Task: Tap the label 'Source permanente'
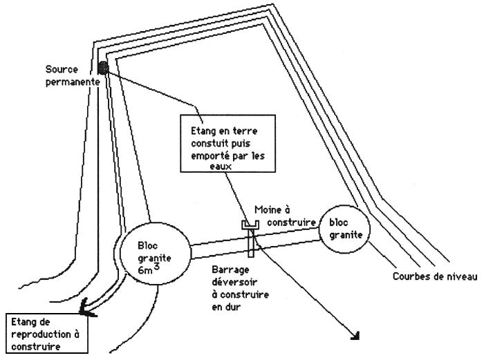click(71, 75)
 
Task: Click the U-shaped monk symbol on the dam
click(250, 225)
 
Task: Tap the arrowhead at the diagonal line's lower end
click(358, 336)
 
